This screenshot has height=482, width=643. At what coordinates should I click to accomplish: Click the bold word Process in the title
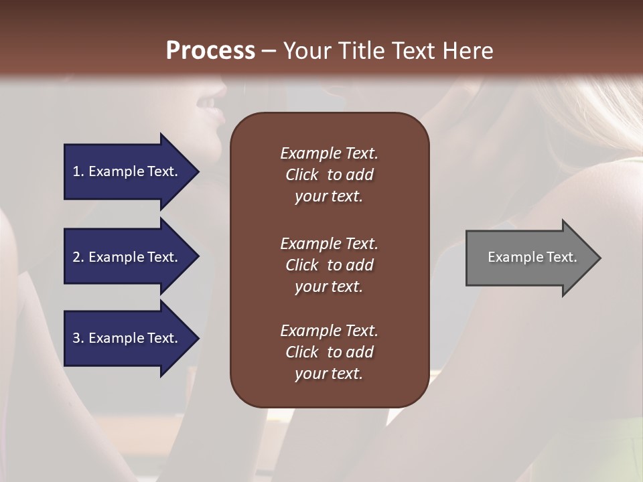(x=210, y=51)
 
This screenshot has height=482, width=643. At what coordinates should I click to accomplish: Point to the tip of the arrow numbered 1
(x=198, y=172)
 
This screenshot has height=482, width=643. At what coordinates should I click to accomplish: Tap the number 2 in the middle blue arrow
(x=76, y=257)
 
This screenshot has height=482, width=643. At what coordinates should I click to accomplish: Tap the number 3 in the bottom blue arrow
(x=76, y=338)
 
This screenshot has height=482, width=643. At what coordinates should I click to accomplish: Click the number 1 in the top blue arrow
(x=76, y=171)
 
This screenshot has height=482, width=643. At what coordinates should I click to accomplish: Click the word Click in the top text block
(x=301, y=175)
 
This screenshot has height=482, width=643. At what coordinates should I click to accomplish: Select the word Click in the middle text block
(x=301, y=265)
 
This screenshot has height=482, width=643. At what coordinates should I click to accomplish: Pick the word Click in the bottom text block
(x=301, y=352)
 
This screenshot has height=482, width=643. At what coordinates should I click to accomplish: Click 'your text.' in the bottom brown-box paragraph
(x=329, y=374)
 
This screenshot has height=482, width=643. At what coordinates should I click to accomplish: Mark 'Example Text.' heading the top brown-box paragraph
(x=329, y=153)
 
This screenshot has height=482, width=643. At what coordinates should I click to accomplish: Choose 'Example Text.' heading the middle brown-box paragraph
(x=329, y=244)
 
